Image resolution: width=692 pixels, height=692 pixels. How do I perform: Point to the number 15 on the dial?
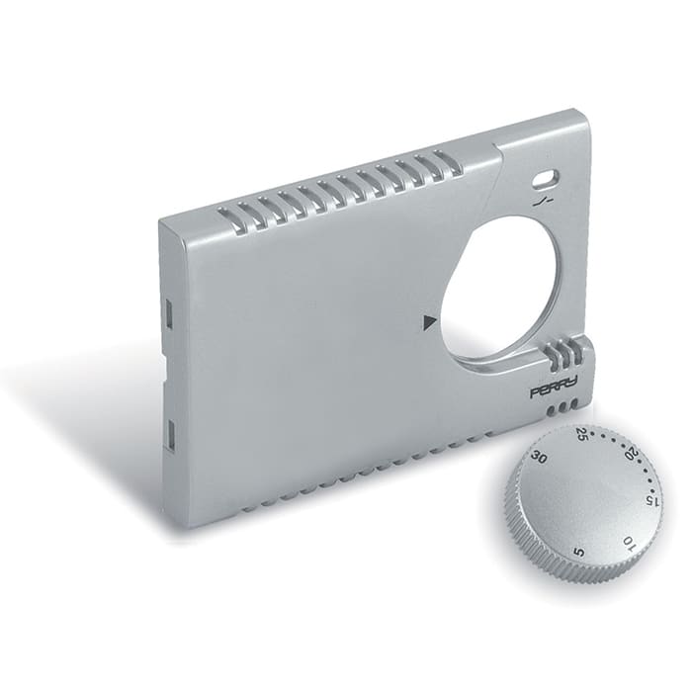coord(650,499)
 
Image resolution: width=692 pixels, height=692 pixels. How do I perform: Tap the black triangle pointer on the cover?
coord(428,321)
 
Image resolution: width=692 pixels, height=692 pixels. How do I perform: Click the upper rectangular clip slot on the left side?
coord(168,314)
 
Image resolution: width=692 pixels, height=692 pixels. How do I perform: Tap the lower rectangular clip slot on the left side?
coord(169,432)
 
